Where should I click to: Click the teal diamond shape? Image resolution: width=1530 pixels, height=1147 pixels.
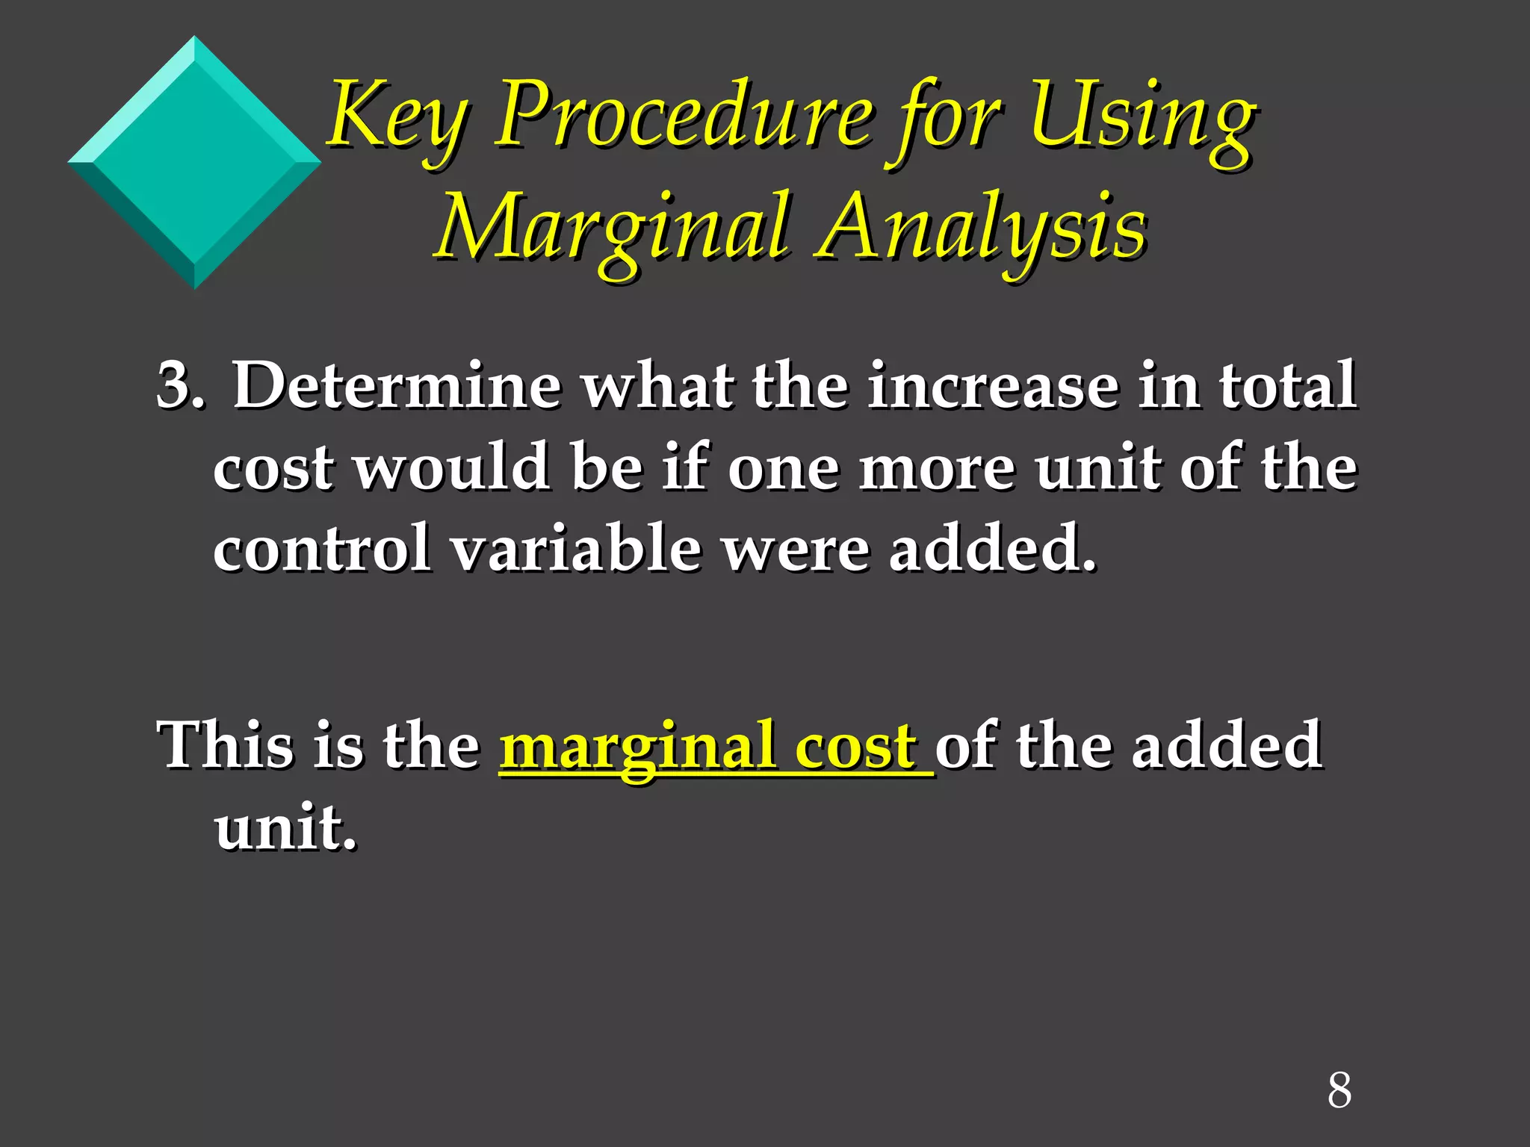[x=194, y=163]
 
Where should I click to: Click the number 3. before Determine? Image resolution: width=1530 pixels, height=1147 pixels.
[x=179, y=387]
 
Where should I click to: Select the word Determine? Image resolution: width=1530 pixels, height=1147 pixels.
[x=397, y=387]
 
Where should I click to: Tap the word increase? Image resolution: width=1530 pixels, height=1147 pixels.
[x=993, y=387]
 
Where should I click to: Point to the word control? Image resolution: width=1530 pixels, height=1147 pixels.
[x=322, y=549]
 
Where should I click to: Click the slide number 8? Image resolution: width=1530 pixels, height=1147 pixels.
[x=1339, y=1091]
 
